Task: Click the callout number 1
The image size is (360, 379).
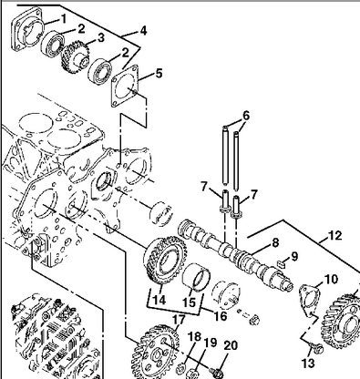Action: click(64, 19)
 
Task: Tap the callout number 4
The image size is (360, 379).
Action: click(143, 31)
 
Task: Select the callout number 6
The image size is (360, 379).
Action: click(246, 116)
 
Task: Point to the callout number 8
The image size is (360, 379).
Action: click(275, 243)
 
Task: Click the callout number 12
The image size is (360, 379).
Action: click(335, 236)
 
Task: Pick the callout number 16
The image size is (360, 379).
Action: click(221, 316)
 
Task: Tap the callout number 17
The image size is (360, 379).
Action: click(179, 320)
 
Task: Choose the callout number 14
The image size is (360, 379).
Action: click(159, 300)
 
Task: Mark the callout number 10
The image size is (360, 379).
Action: click(331, 279)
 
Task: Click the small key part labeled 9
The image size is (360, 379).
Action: click(283, 263)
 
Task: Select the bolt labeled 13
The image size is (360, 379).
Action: click(317, 349)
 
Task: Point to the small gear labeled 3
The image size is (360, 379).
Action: click(75, 56)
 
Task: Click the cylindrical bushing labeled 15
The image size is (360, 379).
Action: click(196, 278)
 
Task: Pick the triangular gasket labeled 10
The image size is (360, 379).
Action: click(307, 300)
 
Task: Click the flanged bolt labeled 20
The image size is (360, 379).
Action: click(216, 373)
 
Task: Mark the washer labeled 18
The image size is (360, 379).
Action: click(180, 368)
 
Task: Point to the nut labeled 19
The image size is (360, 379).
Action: click(192, 373)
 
